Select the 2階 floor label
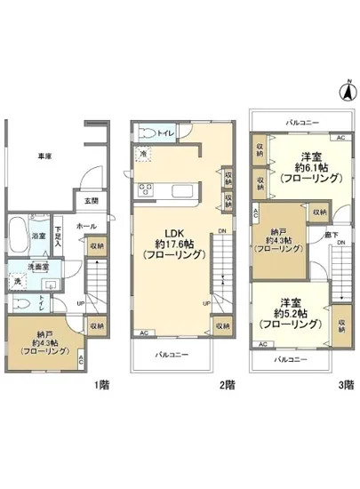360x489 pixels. pos(228,385)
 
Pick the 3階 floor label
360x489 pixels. pos(346,385)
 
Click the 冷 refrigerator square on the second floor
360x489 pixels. pos(143,152)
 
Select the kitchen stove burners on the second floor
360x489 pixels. pos(144,188)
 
